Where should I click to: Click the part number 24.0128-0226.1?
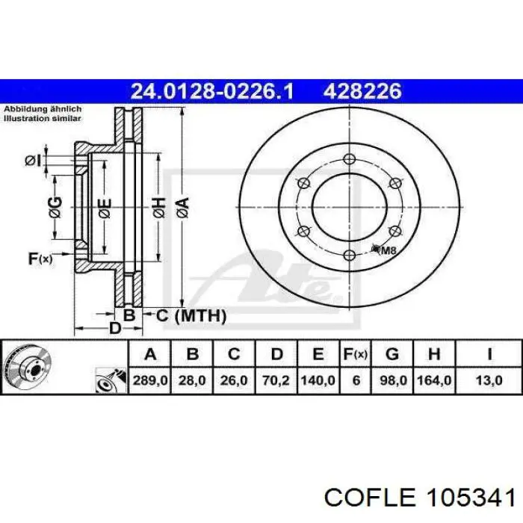212,91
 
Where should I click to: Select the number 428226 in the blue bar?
362,91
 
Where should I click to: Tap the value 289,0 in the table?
150,380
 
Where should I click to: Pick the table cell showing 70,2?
276,380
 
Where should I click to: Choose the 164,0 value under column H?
434,380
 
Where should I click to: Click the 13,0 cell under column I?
489,380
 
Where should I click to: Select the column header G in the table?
392,353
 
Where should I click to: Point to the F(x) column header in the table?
356,354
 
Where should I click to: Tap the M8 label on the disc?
389,250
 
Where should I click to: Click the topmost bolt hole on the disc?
350,158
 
